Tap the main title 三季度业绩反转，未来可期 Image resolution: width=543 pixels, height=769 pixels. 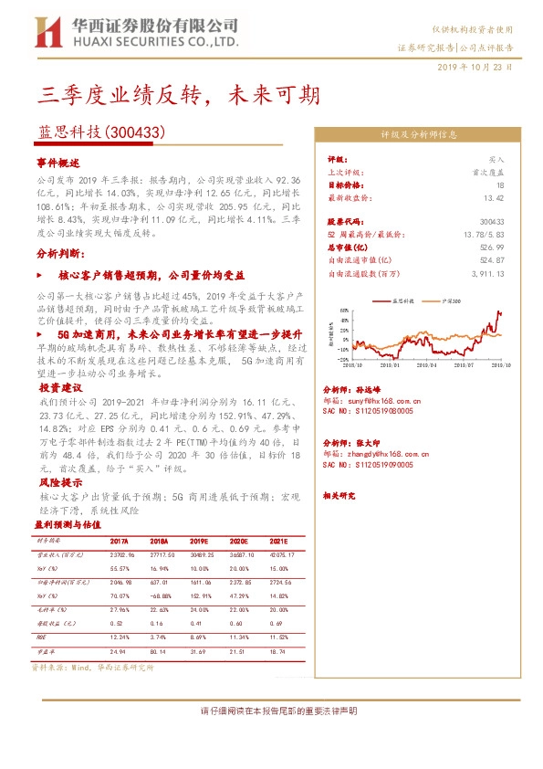(179, 93)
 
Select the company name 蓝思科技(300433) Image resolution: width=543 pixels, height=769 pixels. (100, 132)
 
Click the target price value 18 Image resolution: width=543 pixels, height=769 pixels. (499, 184)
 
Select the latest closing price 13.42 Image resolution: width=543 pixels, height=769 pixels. (495, 196)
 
